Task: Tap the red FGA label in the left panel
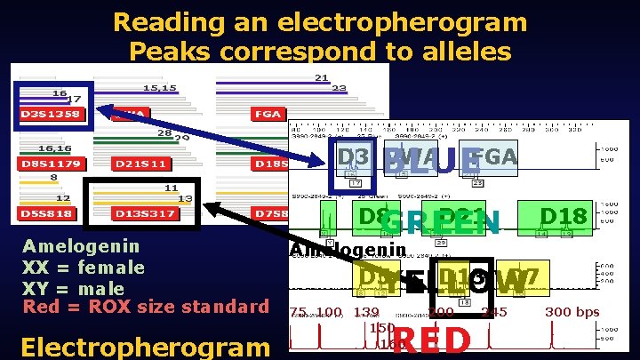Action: [268, 115]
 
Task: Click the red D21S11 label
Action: [141, 164]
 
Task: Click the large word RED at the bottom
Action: [431, 341]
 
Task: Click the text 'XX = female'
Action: [84, 268]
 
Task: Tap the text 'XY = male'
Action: [75, 288]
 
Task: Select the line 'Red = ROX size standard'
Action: [145, 308]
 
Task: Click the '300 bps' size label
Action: [572, 312]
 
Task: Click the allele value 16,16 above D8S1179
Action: [55, 148]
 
